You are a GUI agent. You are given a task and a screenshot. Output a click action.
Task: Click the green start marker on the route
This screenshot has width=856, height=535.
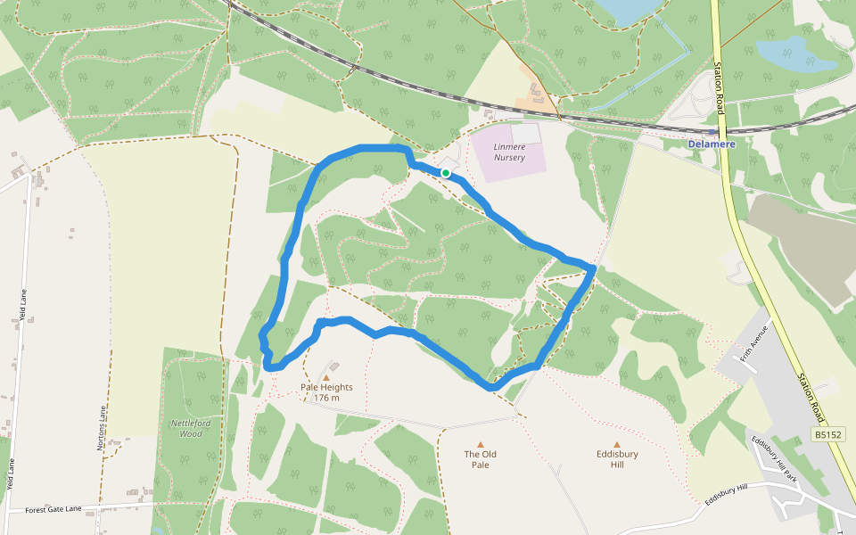click(x=445, y=173)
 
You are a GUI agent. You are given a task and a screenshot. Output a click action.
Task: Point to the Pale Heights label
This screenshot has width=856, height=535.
click(x=326, y=387)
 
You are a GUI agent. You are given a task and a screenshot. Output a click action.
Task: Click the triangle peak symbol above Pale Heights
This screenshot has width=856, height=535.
click(x=326, y=377)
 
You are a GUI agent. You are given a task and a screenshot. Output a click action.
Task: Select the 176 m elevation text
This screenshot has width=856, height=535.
click(x=326, y=398)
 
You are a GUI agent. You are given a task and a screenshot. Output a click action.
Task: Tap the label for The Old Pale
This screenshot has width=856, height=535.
click(x=480, y=459)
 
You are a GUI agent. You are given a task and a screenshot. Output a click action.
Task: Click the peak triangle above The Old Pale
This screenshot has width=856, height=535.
click(x=480, y=444)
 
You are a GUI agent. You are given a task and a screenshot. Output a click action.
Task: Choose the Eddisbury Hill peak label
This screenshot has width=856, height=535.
click(x=616, y=459)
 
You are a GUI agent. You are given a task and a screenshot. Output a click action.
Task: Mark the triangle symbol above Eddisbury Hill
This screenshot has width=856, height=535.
click(x=616, y=444)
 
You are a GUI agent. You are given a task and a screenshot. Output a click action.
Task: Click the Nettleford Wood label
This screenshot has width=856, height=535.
click(x=186, y=428)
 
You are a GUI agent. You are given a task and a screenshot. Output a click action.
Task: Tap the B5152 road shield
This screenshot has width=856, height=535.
click(x=827, y=434)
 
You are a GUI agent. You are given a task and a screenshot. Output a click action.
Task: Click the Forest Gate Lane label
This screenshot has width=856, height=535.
click(x=53, y=509)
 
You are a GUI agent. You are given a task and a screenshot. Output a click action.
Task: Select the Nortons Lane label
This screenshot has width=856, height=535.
click(x=103, y=428)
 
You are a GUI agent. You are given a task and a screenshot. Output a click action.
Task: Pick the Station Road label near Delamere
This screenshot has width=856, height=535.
click(x=719, y=87)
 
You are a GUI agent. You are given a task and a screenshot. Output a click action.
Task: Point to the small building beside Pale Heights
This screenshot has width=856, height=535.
click(x=333, y=366)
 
